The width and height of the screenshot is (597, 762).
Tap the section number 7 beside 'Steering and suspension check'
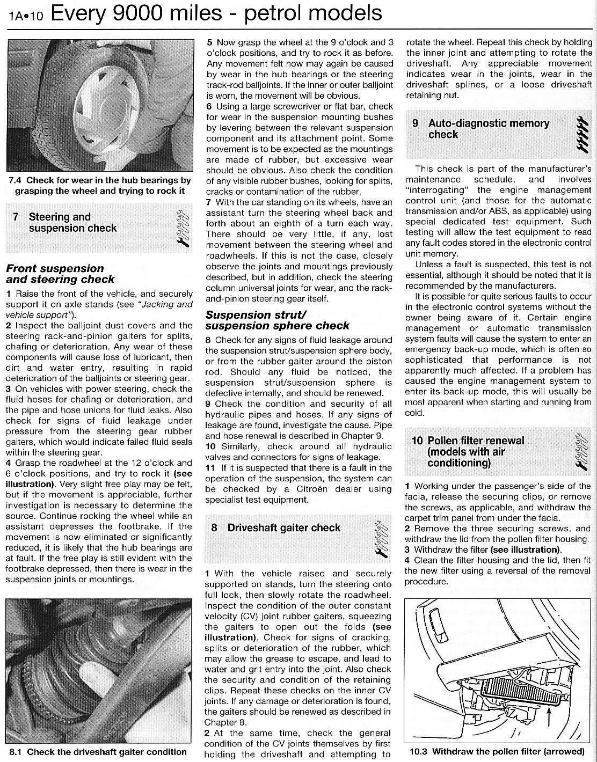click(16, 217)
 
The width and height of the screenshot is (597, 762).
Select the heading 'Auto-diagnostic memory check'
click(488, 129)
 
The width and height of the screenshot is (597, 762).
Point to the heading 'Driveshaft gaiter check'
click(283, 528)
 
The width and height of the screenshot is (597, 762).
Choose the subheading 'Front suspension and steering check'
click(60, 274)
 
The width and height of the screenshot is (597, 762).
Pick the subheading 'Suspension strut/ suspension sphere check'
click(277, 320)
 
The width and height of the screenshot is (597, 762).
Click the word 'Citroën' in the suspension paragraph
click(321, 489)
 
